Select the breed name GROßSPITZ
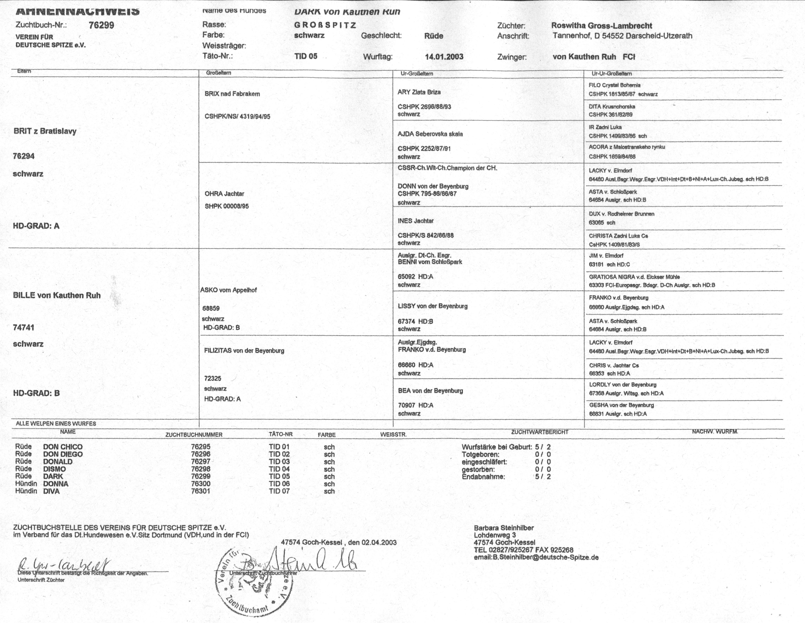coord(325,25)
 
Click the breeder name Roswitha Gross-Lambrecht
coord(602,26)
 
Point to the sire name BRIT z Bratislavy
coord(45,131)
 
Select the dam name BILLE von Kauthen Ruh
coord(57,295)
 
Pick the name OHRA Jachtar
coord(224,194)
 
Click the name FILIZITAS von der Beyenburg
coord(244,351)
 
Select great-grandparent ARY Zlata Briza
coord(419,92)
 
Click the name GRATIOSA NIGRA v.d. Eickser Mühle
coord(634,277)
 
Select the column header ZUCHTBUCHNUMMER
coord(194,435)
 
